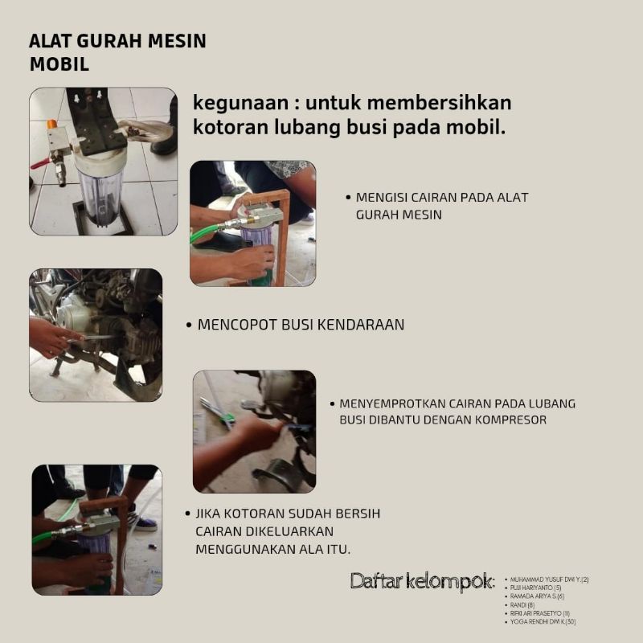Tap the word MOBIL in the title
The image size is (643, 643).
tap(59, 64)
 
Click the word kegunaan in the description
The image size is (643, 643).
tap(231, 104)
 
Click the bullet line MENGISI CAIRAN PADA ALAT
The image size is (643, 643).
tap(441, 198)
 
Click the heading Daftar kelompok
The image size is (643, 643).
tap(421, 581)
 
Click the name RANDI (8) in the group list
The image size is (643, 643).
tap(522, 604)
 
